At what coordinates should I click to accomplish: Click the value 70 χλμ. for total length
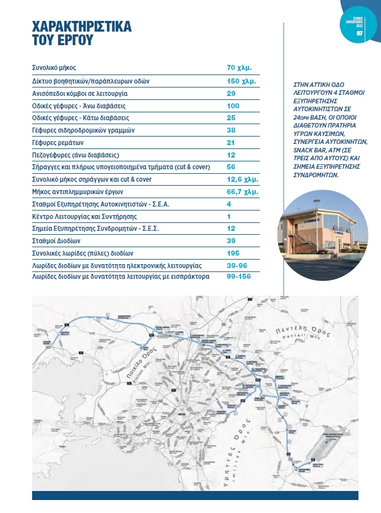coord(238,68)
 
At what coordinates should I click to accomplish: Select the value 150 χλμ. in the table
coord(241,81)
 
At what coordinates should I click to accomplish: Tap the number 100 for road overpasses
coord(233,106)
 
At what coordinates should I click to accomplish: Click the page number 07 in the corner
coord(359,33)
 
